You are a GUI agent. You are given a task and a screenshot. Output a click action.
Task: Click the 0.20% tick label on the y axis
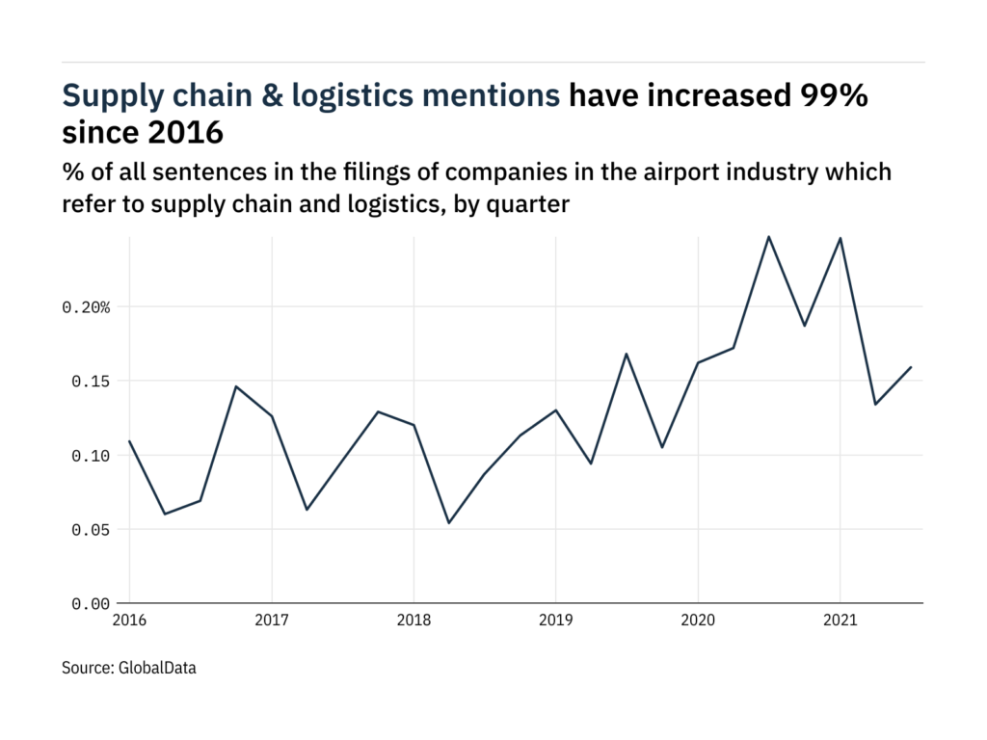[x=86, y=307]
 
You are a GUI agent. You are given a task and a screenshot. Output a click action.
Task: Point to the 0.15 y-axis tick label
[x=90, y=382]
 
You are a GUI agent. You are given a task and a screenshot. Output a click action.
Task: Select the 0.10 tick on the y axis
[x=90, y=456]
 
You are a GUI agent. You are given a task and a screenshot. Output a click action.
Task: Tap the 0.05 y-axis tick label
[x=90, y=530]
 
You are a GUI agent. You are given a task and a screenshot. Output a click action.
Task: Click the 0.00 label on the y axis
[x=90, y=604]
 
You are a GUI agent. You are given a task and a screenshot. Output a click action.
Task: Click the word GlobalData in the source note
[x=157, y=667]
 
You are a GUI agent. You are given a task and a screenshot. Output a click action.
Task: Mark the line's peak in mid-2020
[x=768, y=236]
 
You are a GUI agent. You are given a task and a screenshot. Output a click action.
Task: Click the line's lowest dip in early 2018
[x=449, y=523]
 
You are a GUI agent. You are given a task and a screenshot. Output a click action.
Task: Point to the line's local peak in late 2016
[x=236, y=386]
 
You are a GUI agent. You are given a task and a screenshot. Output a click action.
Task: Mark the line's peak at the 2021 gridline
[x=840, y=238]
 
